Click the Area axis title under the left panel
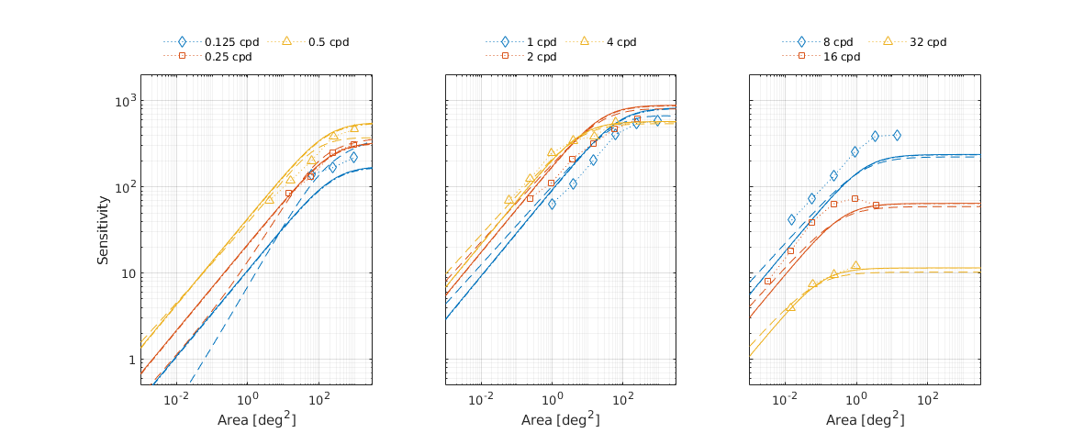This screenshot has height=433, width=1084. pyautogui.click(x=256, y=419)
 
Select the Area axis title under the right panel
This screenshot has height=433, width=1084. pyautogui.click(x=865, y=419)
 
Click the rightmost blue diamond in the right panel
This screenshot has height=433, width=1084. pyautogui.click(x=897, y=135)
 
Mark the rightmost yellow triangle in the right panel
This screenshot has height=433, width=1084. pyautogui.click(x=855, y=265)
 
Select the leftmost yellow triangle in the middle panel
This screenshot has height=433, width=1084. pyautogui.click(x=508, y=199)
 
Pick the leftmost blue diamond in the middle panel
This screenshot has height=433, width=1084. pyautogui.click(x=552, y=204)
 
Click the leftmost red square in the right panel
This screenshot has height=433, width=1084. pyautogui.click(x=767, y=281)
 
